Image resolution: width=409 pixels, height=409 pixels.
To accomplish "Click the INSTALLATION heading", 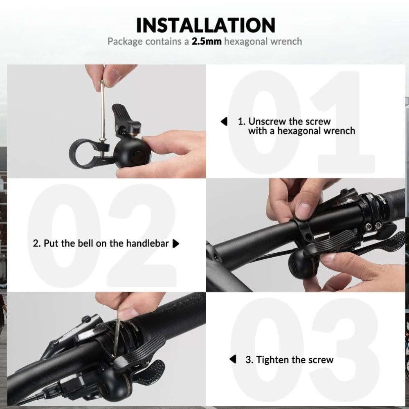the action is pyautogui.click(x=206, y=25).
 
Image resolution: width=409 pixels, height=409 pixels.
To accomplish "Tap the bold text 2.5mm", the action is pyautogui.click(x=206, y=41).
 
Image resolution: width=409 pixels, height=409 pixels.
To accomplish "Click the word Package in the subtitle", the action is pyautogui.click(x=125, y=42).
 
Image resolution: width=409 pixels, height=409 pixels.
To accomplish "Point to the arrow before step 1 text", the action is pyautogui.click(x=224, y=121).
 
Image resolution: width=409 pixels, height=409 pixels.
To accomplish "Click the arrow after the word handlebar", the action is pyautogui.click(x=176, y=244).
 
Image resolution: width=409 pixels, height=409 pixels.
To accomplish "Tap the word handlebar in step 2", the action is pyautogui.click(x=147, y=243).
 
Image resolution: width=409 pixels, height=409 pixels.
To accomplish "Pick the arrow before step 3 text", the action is pyautogui.click(x=233, y=359).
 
